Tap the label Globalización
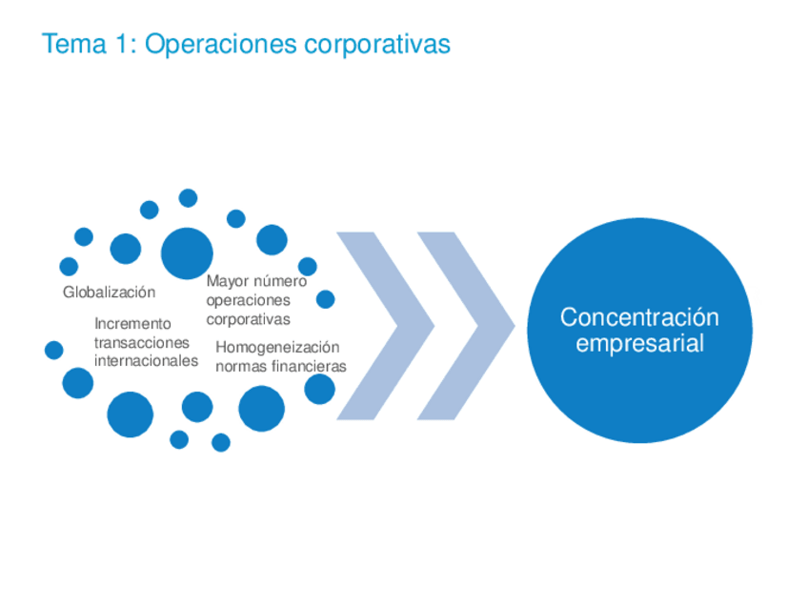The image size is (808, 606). (x=109, y=293)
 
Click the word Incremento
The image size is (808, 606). (x=132, y=324)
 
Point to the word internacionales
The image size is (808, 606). (x=146, y=361)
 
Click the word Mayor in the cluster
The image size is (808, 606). (x=225, y=281)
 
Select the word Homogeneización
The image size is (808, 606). (x=277, y=347)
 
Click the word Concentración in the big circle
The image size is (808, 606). (x=639, y=316)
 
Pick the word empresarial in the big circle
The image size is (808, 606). (x=639, y=343)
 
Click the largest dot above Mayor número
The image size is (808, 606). (x=187, y=252)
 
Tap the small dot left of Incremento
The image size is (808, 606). (x=54, y=350)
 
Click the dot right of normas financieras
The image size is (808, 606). (x=319, y=389)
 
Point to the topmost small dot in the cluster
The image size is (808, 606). (x=189, y=198)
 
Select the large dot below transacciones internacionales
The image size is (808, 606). (x=130, y=414)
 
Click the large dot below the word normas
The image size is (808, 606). (x=261, y=409)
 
